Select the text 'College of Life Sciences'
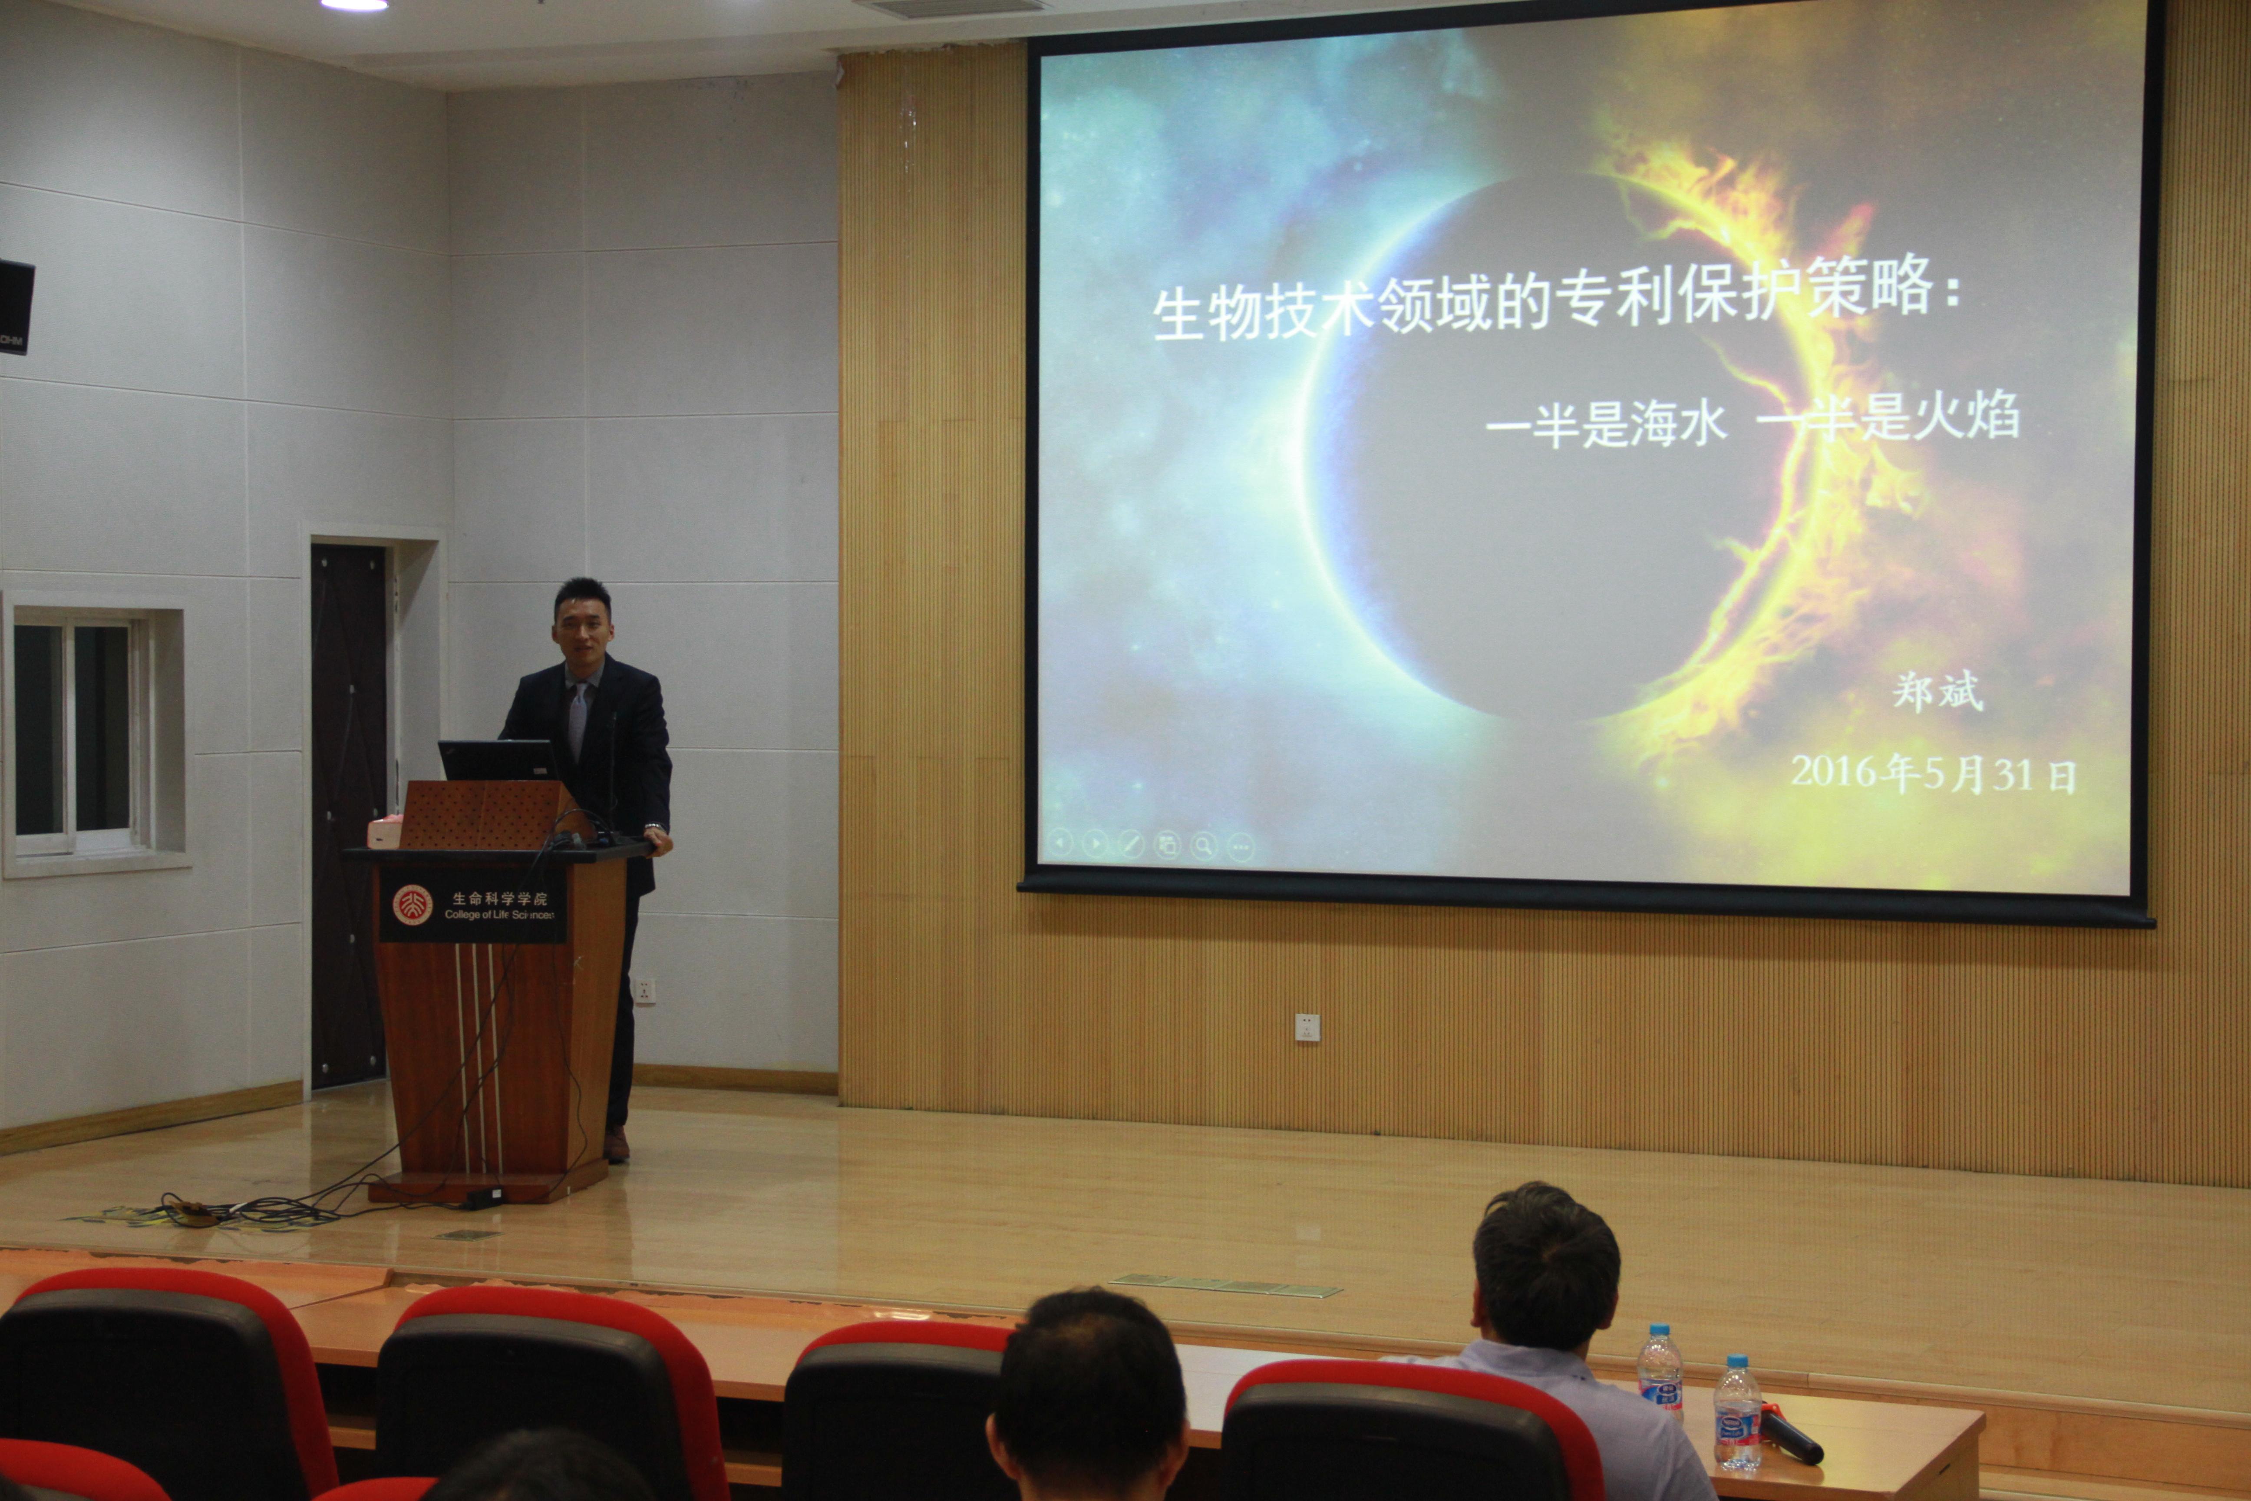pos(498,914)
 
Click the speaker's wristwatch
pos(654,827)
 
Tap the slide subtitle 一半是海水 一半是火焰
pos(1753,421)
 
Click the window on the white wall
pos(81,734)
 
